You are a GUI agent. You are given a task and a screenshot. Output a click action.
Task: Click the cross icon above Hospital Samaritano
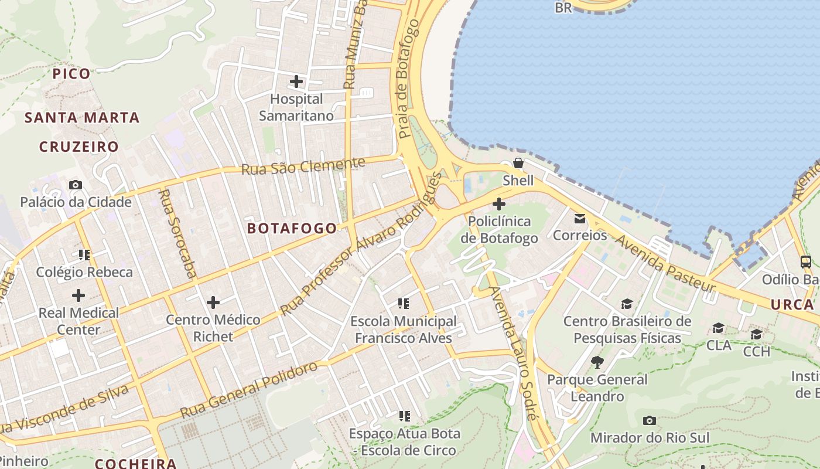point(296,81)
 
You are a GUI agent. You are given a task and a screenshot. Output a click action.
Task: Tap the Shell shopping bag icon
point(518,163)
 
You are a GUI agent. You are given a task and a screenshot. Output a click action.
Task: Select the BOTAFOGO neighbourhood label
point(292,228)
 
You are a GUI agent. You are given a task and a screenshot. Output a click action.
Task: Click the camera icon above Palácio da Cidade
point(76,185)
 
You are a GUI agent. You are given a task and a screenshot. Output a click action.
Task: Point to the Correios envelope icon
point(580,218)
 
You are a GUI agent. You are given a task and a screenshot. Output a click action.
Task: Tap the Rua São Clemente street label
point(303,166)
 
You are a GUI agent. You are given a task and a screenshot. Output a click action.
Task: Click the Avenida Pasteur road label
point(664,263)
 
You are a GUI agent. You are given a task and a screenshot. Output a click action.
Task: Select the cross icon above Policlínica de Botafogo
point(499,204)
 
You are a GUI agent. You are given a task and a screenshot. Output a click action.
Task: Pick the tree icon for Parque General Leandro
point(597,362)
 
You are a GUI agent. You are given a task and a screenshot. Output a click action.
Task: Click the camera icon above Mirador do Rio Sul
point(649,420)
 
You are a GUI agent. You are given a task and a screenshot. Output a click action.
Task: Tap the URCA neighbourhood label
point(792,304)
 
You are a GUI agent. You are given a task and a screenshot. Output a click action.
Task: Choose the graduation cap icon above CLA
point(718,328)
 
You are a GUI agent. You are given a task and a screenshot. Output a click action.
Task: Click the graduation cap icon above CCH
point(756,334)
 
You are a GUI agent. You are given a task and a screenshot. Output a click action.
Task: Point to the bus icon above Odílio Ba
point(806,262)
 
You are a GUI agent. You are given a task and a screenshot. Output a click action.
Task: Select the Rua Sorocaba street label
point(178,233)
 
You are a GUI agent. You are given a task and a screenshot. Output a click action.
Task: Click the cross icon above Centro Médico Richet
point(213,303)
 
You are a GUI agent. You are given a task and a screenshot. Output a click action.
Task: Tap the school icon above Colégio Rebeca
point(84,255)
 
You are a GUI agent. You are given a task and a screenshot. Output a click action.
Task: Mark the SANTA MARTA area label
point(82,118)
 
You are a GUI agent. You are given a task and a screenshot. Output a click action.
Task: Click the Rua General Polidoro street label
point(249,390)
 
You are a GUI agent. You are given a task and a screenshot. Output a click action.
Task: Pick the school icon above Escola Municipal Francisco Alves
point(403,304)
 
